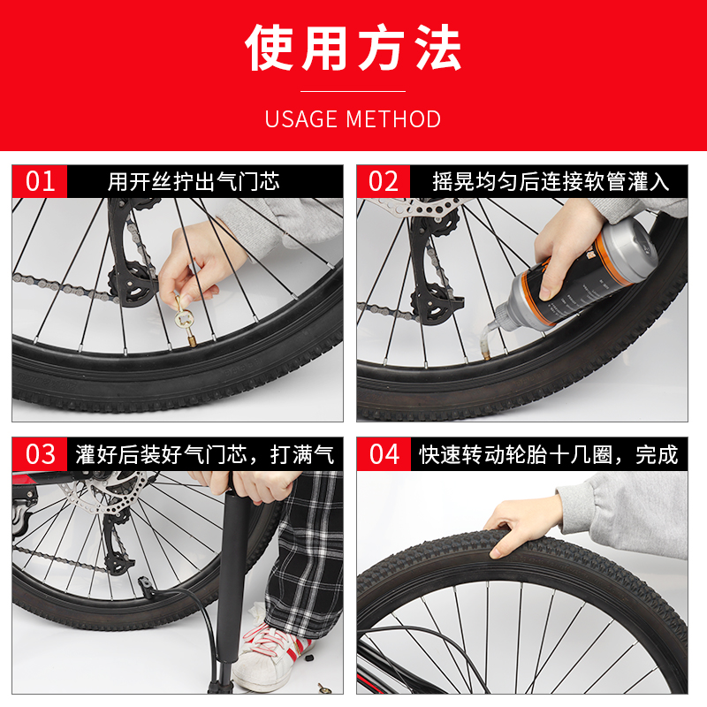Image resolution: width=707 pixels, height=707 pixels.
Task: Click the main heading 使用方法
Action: pos(353,49)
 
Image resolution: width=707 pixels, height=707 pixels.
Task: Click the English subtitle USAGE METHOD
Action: pos(353,119)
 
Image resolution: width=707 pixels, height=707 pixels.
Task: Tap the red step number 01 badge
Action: pos(41,181)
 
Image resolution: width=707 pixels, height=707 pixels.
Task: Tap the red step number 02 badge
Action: pos(384,181)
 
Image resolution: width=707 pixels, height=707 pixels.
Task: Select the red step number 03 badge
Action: pos(41,454)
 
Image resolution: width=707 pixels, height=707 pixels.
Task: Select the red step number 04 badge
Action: pos(384,454)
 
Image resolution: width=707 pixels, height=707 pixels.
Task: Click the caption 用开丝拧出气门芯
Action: pos(194,182)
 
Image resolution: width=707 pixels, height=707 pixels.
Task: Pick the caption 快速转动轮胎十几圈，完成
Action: pos(548,455)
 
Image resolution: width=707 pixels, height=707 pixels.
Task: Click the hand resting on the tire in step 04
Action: pos(521,521)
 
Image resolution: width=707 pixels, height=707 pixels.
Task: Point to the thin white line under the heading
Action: pos(353,91)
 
